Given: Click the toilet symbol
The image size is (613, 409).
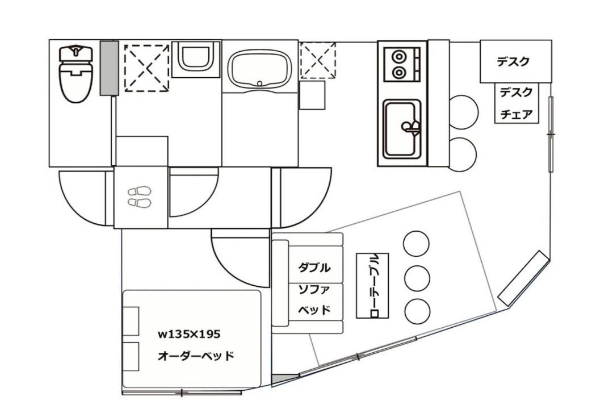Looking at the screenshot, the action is tap(76, 74).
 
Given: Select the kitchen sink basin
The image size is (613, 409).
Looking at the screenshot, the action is tap(402, 129).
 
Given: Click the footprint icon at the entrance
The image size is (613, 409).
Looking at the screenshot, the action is tap(140, 197).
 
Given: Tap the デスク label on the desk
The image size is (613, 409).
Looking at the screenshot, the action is tap(513, 61).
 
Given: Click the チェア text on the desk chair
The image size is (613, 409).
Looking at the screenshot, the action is tap(517, 115).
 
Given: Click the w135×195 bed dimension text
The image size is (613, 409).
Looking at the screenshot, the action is tap(189, 334).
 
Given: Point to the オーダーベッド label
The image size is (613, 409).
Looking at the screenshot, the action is tap(196, 356).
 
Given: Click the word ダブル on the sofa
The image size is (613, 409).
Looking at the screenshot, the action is tap(314, 268).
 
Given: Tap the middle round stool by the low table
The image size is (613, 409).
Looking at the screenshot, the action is tap(417, 278).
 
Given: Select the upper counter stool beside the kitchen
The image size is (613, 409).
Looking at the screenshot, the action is tap(463, 112).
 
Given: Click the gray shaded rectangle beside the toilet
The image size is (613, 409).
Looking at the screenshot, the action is tap(109, 68).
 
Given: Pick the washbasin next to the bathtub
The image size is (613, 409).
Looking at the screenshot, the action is tap(196, 59).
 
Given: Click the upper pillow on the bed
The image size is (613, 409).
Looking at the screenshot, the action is tap(131, 321).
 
